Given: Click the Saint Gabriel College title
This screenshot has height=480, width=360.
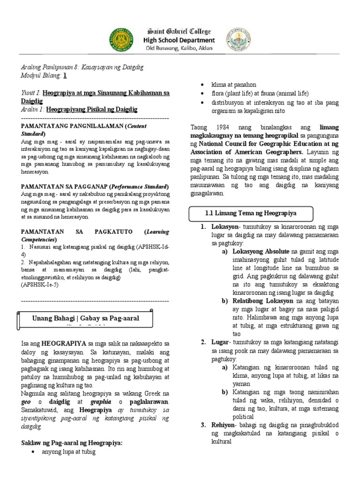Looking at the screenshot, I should click(180, 31).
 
